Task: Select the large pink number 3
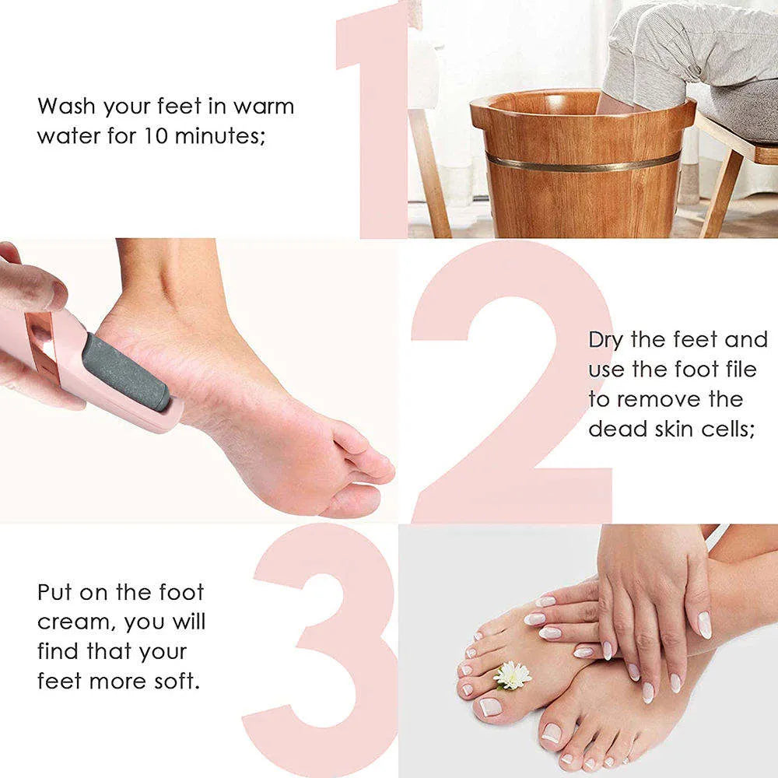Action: (327, 646)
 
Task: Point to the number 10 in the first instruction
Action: (156, 136)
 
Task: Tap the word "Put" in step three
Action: (56, 592)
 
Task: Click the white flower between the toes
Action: (513, 675)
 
